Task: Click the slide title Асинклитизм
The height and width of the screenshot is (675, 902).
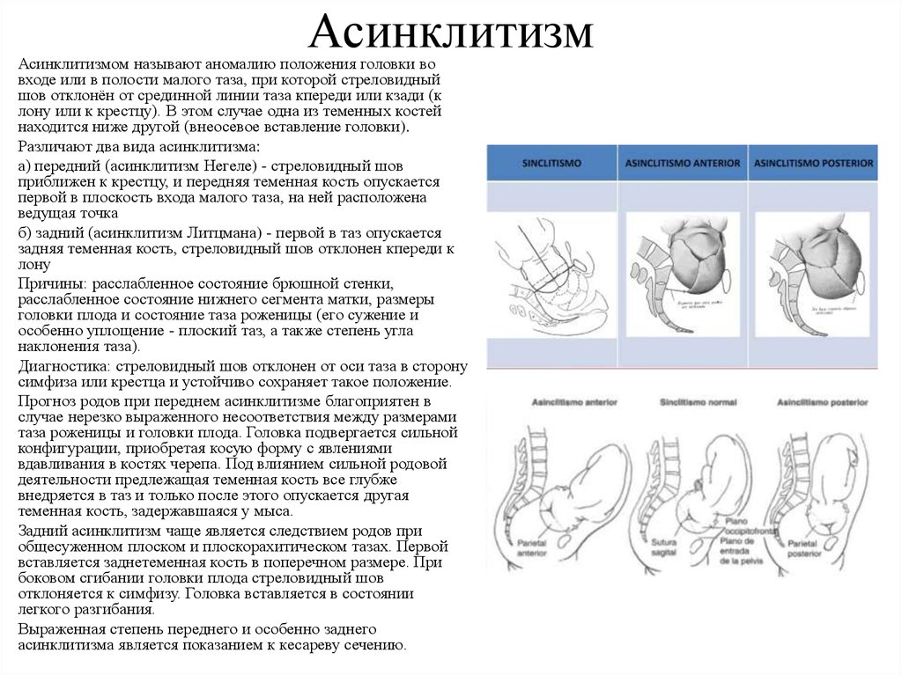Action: [x=451, y=33]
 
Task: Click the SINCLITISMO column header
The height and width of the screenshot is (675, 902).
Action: [x=551, y=164]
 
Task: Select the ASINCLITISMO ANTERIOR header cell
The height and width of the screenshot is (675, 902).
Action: [x=683, y=164]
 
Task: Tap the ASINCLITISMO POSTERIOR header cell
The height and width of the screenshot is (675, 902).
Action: [x=814, y=164]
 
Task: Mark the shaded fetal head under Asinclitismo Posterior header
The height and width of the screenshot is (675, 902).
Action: [x=819, y=264]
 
